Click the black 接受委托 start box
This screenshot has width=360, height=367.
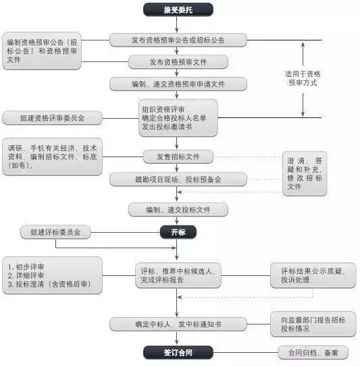point(178,9)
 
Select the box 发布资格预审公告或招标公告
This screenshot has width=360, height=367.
point(178,40)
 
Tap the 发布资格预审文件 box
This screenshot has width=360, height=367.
point(178,62)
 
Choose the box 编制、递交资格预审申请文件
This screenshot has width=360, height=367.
point(178,84)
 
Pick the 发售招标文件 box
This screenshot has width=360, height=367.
point(178,157)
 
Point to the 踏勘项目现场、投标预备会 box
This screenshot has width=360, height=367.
point(178,179)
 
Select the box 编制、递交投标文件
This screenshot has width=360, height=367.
point(178,210)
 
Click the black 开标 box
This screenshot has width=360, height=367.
point(178,232)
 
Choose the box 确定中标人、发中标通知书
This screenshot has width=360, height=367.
point(178,324)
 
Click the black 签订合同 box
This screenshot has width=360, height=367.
point(178,352)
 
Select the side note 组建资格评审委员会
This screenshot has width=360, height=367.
point(52,118)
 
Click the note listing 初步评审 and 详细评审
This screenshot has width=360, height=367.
point(52,275)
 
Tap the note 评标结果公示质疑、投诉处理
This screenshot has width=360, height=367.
point(312,275)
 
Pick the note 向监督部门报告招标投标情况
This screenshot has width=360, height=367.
point(313,324)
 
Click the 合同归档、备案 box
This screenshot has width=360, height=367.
point(312,352)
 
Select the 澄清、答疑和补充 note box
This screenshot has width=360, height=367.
point(304,174)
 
